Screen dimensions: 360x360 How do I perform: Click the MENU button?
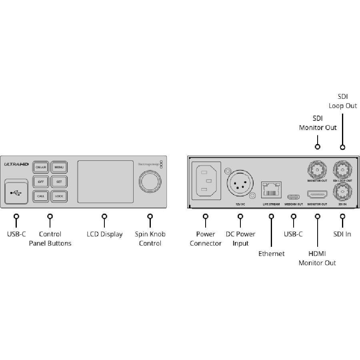59,167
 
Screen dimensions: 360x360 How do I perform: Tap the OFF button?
41,182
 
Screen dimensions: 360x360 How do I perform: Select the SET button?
59,182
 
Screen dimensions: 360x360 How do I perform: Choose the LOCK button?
59,196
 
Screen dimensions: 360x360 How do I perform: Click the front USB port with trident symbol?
17,192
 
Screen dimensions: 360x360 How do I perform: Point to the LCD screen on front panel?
105,182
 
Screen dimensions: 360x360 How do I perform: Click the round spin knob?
150,181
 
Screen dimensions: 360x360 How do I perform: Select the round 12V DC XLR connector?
238,185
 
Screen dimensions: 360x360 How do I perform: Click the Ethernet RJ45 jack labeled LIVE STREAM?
271,190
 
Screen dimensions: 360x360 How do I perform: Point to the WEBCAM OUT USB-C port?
293,196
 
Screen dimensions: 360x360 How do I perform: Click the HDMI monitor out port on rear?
317,194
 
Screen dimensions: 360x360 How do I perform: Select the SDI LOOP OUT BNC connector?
342,170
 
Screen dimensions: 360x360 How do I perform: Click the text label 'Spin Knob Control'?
150,238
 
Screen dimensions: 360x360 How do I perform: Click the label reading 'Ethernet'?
271,254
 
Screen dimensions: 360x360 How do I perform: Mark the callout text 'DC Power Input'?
240,238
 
